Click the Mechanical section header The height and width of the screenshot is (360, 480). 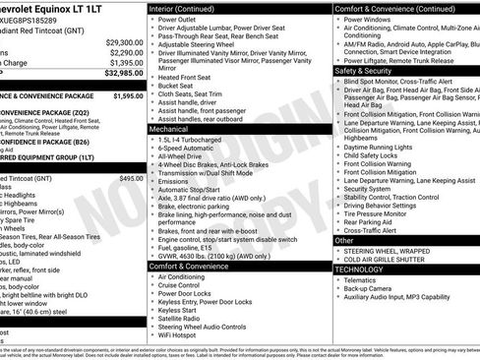point(169,129)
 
